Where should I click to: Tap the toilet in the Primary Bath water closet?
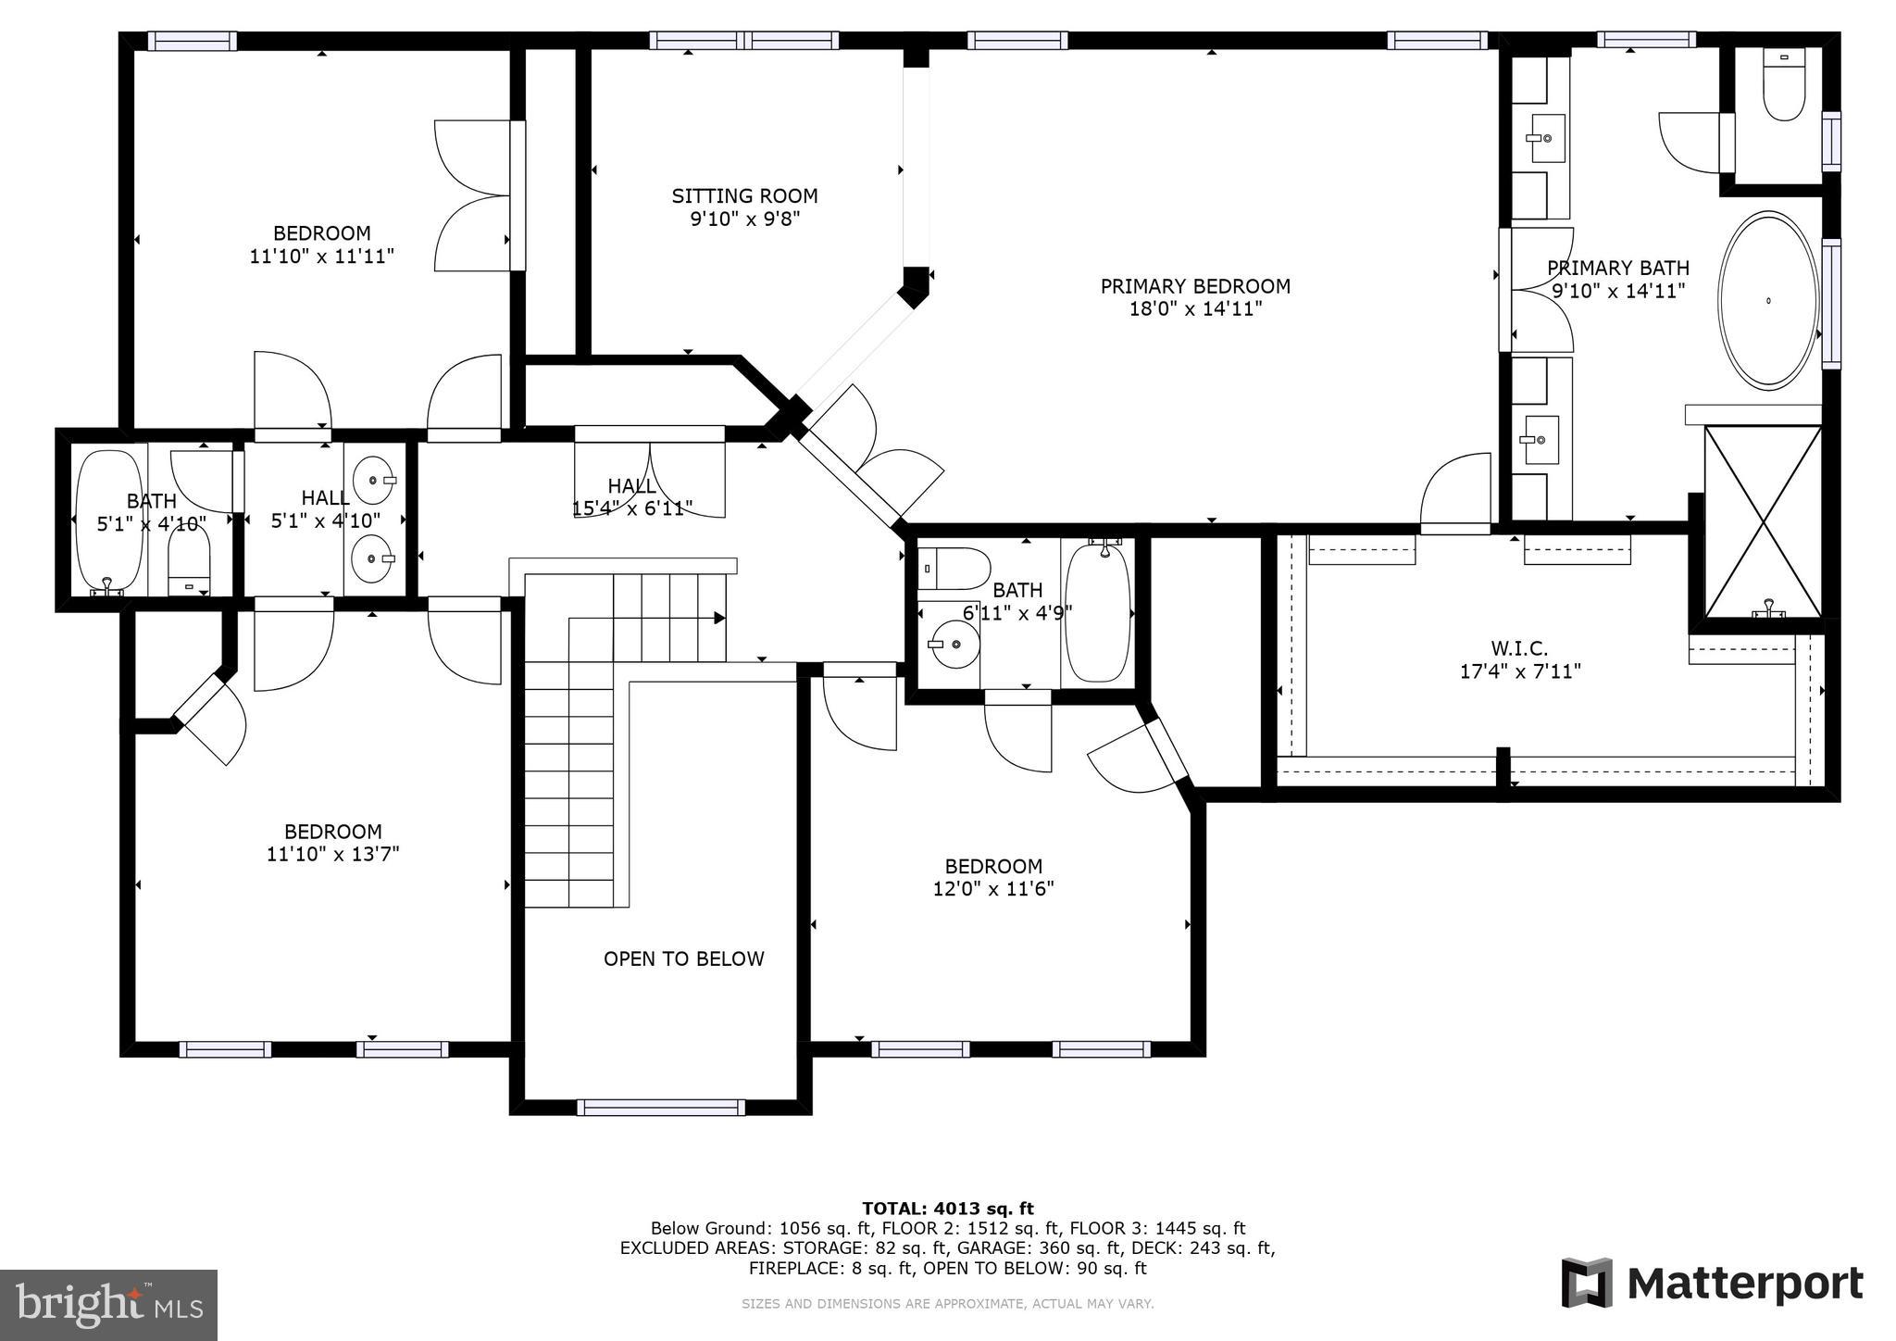coord(1784,85)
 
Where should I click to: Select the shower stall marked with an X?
coord(1764,521)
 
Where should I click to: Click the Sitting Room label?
coord(744,196)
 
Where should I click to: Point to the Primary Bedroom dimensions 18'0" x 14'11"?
coord(1195,309)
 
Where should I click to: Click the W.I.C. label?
coord(1519,648)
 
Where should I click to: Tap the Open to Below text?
coord(683,959)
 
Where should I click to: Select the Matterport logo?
coord(1712,1284)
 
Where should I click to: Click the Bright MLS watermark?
coord(108,1306)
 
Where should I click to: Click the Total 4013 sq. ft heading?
coord(947,1208)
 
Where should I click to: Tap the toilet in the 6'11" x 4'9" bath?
coord(954,569)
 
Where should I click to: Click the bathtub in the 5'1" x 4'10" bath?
coord(109,520)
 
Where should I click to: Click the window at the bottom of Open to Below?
coord(660,1107)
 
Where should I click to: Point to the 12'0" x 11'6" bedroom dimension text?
coord(993,889)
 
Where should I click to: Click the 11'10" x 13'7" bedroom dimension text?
coord(332,854)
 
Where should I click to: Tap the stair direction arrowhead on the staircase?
coord(718,618)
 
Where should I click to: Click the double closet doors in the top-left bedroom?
coord(474,195)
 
